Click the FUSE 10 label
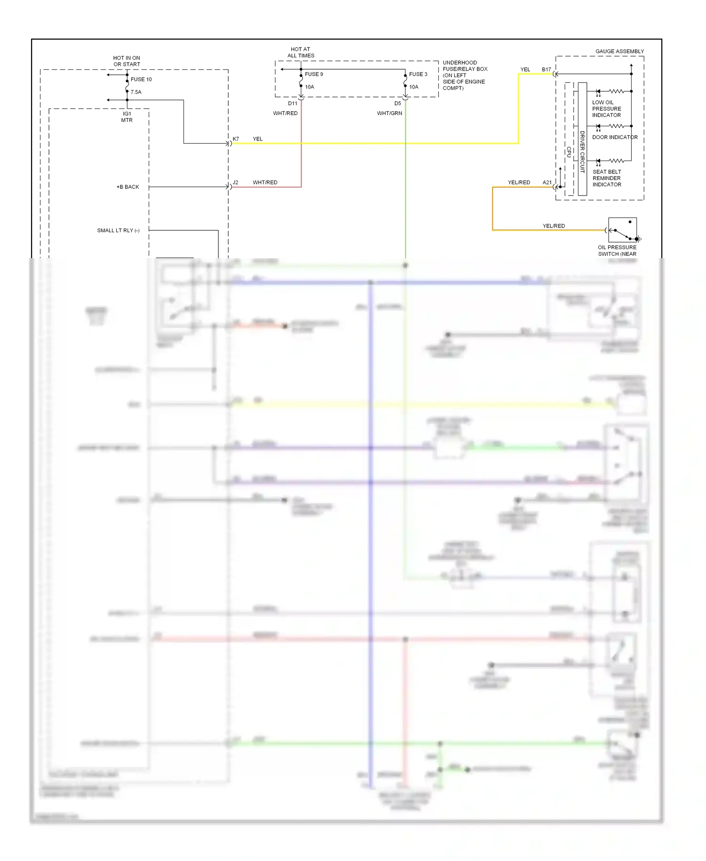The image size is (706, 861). click(141, 80)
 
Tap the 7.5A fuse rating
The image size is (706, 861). click(136, 92)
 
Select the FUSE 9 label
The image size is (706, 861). click(314, 74)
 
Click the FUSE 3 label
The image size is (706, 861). click(418, 74)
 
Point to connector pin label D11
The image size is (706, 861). click(292, 104)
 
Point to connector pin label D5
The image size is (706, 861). click(398, 104)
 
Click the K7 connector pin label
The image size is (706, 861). click(236, 139)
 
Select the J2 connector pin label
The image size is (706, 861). click(235, 183)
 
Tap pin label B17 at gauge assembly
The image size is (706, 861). click(546, 70)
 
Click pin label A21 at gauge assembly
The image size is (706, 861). click(547, 183)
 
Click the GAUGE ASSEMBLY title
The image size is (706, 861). click(619, 51)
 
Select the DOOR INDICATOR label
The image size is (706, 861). click(615, 138)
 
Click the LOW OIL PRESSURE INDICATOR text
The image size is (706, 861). click(606, 109)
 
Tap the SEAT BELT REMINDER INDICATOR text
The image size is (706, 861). click(607, 179)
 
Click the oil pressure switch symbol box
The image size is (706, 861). click(622, 230)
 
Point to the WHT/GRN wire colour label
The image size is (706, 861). click(389, 114)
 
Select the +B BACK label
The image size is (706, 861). click(128, 187)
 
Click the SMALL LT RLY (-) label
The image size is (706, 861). click(118, 231)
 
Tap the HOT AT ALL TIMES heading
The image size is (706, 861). click(301, 52)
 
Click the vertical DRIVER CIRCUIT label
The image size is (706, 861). click(582, 152)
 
